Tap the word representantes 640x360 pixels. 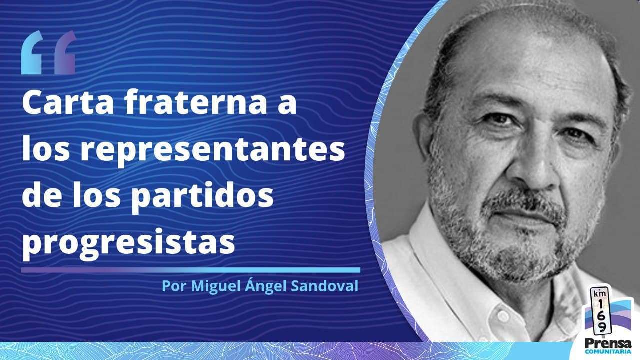[213, 150]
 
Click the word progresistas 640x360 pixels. [129, 243]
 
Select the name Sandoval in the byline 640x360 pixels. [324, 286]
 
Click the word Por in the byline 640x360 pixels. [174, 286]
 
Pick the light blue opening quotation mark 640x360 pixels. [32, 53]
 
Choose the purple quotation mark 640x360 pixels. [65, 53]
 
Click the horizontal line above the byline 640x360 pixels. [191, 270]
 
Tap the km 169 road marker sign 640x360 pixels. [601, 313]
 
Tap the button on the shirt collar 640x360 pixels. [503, 315]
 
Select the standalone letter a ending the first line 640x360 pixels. [287, 105]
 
